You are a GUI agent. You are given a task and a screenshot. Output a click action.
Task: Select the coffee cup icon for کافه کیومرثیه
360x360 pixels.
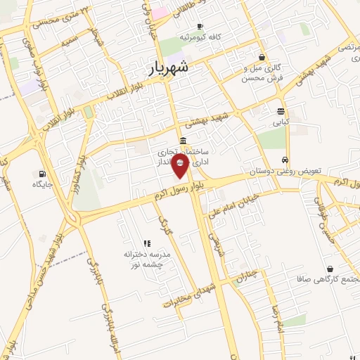click(200, 27)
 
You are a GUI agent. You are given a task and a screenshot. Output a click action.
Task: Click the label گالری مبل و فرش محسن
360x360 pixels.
click(262, 72)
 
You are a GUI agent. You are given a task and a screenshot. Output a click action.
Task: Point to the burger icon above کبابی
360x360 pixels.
click(281, 111)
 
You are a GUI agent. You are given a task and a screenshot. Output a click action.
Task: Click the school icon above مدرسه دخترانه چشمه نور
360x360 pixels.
click(147, 243)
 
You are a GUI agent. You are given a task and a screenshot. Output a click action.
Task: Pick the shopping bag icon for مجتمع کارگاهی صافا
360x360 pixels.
click(330, 269)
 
